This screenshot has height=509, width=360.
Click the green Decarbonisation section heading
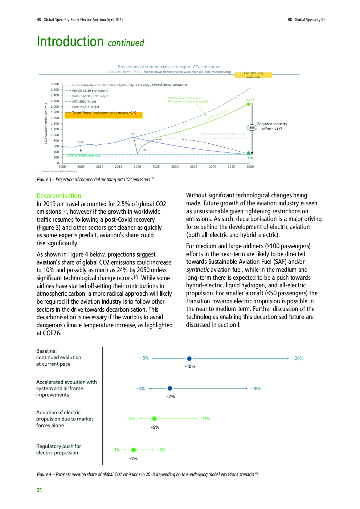pyautogui.click(x=59, y=196)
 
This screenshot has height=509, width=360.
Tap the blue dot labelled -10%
pyautogui.click(x=189, y=358)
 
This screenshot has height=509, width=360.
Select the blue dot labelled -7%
pyautogui.click(x=170, y=389)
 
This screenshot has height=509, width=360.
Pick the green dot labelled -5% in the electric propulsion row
pyautogui.click(x=155, y=419)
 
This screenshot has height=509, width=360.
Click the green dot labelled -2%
pyautogui.click(x=134, y=450)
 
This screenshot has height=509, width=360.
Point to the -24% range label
pyautogui.click(x=298, y=358)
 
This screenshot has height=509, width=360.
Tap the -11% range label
pyautogui.click(x=205, y=419)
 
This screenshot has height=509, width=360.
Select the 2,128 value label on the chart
pyautogui.click(x=250, y=100)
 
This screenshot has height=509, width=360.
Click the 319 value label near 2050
pyautogui.click(x=250, y=158)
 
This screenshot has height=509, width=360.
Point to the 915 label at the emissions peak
pyautogui.click(x=134, y=134)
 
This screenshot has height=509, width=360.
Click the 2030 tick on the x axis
pyautogui.click(x=175, y=167)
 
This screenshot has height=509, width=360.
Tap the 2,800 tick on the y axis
pyautogui.click(x=55, y=84)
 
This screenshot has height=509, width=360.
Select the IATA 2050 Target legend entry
pyautogui.click(x=84, y=102)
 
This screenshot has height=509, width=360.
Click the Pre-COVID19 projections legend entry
pyautogui.click(x=90, y=91)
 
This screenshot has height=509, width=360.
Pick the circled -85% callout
pyautogui.click(x=252, y=128)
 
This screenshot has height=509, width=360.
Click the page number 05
pyautogui.click(x=39, y=490)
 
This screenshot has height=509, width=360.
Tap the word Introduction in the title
pyautogui.click(x=70, y=42)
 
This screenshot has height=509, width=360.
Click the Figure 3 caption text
pyautogui.click(x=95, y=180)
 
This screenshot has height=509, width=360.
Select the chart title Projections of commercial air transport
pyautogui.click(x=169, y=67)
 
